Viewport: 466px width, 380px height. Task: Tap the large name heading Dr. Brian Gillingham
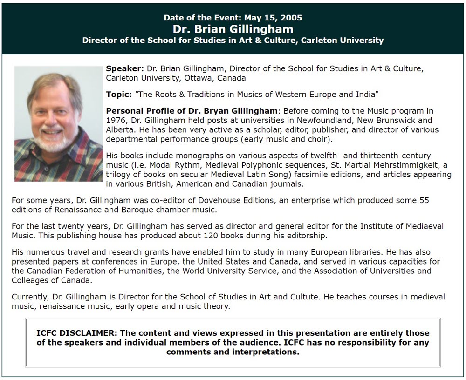click(x=233, y=29)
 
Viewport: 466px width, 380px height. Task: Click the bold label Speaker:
click(x=125, y=68)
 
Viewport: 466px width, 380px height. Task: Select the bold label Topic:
click(x=119, y=95)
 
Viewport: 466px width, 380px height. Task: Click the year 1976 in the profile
click(x=117, y=121)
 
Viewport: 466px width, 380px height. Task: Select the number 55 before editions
click(x=424, y=200)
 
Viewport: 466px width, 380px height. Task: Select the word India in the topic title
click(x=366, y=95)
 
